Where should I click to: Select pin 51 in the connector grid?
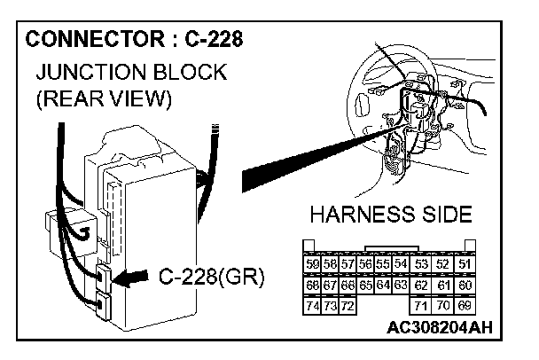(465, 264)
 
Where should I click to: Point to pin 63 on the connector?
(400, 285)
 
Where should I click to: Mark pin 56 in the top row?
(364, 264)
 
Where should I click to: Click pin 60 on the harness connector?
(465, 285)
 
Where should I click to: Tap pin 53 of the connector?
(422, 264)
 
